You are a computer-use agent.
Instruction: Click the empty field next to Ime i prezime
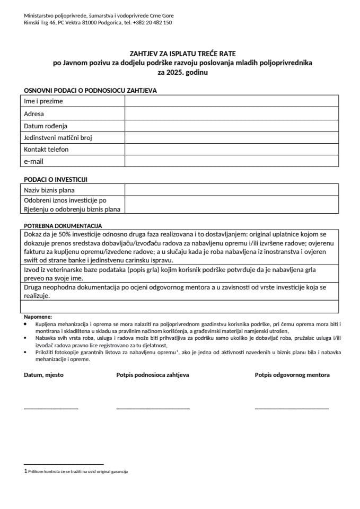pyautogui.click(x=231, y=101)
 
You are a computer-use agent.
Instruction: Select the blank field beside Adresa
pyautogui.click(x=231, y=113)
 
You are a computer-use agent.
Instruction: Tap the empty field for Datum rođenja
pyautogui.click(x=231, y=126)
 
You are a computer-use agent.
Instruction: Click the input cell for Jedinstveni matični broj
pyautogui.click(x=231, y=137)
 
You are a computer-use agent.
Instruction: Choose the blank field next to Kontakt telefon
pyautogui.click(x=231, y=150)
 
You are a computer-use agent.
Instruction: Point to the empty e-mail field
pyautogui.click(x=231, y=161)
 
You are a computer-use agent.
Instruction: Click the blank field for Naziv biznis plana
pyautogui.click(x=231, y=190)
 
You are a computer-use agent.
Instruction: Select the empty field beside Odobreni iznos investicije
pyautogui.click(x=231, y=205)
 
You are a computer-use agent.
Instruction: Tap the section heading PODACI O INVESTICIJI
pyautogui.click(x=56, y=179)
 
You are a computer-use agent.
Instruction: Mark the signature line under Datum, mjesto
pyautogui.click(x=51, y=408)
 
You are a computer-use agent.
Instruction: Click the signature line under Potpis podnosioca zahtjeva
pyautogui.click(x=153, y=408)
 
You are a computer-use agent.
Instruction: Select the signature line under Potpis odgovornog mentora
pyautogui.click(x=292, y=408)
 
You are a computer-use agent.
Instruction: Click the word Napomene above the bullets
pyautogui.click(x=38, y=317)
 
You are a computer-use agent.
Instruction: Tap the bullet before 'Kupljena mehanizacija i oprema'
pyautogui.click(x=27, y=323)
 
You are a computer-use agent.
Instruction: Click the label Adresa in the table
pyautogui.click(x=34, y=113)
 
